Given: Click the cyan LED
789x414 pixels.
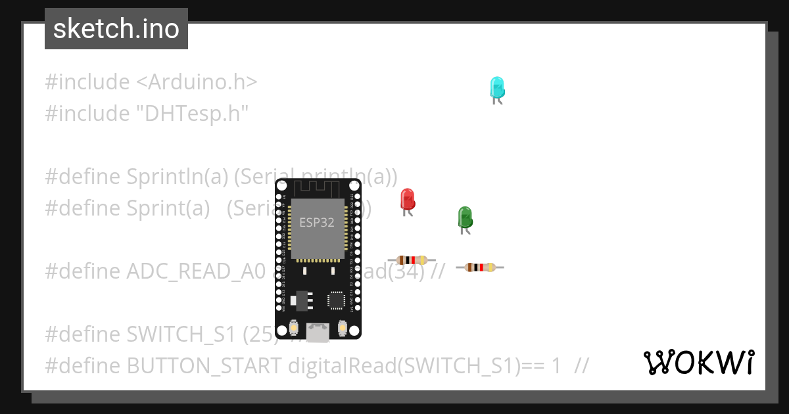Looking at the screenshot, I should click(497, 88).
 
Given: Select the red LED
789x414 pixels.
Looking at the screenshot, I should click(407, 200).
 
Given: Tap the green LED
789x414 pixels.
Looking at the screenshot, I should click(465, 218).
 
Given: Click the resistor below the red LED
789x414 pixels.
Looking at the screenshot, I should click(412, 260).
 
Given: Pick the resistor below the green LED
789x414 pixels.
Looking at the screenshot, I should click(480, 267).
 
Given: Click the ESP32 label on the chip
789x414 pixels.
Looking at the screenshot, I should click(317, 222).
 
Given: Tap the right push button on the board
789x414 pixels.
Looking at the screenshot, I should click(342, 327).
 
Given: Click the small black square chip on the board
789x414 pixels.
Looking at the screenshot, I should click(337, 300).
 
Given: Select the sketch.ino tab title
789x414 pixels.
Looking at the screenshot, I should click(116, 29).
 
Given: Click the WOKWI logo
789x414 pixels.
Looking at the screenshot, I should click(698, 363).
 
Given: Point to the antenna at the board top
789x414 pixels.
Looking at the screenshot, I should click(318, 189).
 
